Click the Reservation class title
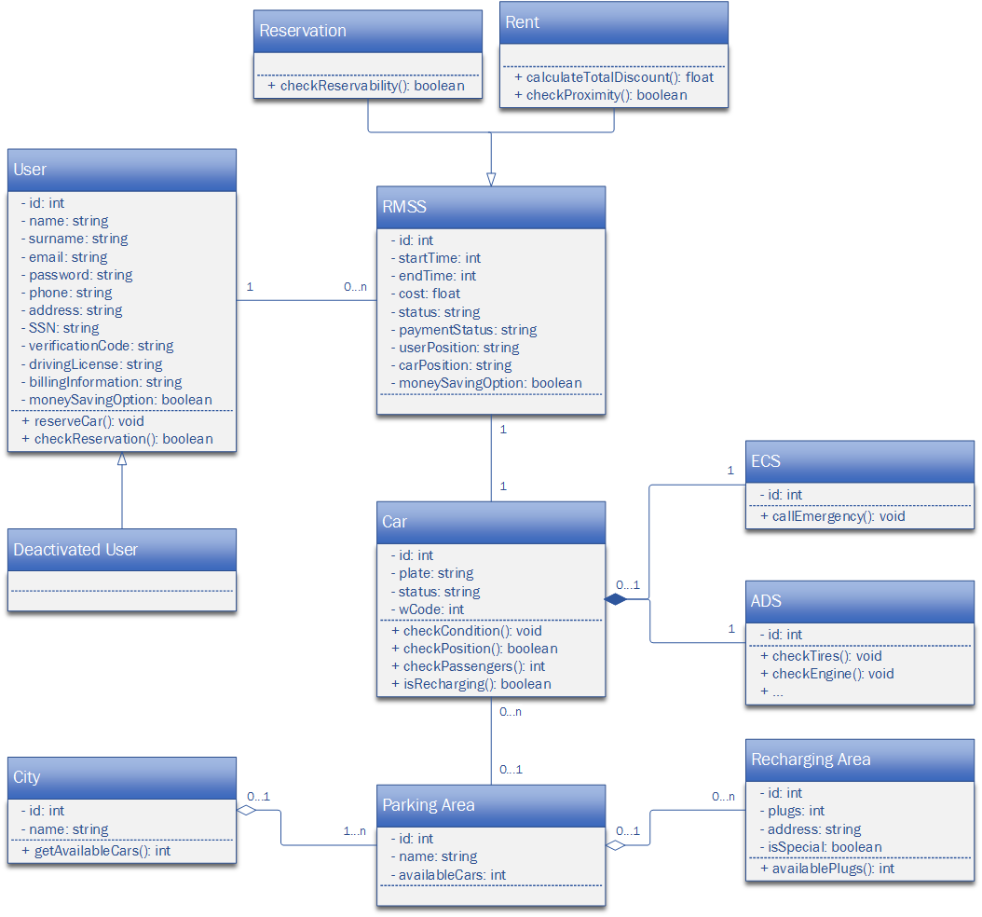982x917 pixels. (x=303, y=31)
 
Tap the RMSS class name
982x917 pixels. (x=404, y=207)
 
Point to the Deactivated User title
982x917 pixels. (x=75, y=549)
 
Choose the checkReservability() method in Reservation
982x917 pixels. (x=366, y=86)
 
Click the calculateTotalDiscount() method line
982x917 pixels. (x=614, y=77)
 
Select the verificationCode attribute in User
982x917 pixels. (x=97, y=346)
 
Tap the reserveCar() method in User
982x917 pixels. (x=83, y=421)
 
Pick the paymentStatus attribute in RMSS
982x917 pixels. (x=464, y=330)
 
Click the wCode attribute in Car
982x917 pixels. (x=427, y=609)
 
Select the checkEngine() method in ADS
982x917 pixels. (x=826, y=674)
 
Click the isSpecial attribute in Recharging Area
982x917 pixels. (x=821, y=847)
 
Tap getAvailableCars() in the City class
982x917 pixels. (x=96, y=851)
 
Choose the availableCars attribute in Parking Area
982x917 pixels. (x=448, y=875)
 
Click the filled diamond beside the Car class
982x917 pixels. (x=616, y=599)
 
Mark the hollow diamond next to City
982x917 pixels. (x=247, y=810)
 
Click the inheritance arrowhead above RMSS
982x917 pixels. (x=491, y=179)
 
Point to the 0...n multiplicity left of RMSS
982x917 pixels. (x=355, y=287)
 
